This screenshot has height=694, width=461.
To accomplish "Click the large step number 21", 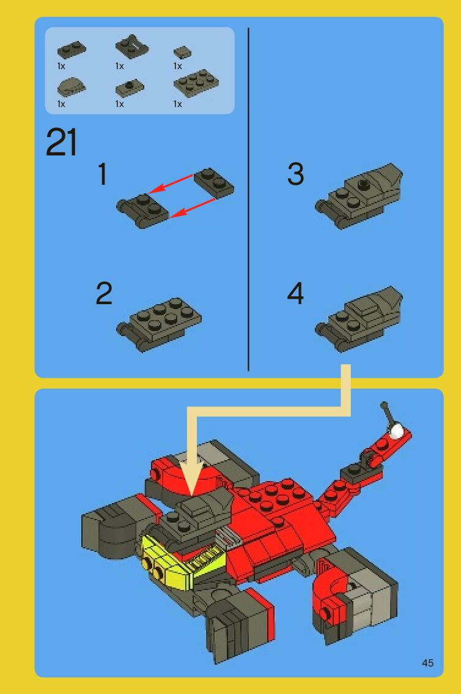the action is pos(61,142).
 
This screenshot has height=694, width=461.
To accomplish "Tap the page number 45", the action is pos(427,663).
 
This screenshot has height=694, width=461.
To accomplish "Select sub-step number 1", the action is pos(103,174).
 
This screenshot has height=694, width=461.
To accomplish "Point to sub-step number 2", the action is pos(104,293).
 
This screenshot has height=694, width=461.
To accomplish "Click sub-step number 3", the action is pos(296,174).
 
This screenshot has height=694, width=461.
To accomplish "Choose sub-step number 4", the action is pos(295,293).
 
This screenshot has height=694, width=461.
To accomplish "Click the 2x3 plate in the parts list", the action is pos(196,83).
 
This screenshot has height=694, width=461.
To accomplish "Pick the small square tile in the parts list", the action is pos(182,53).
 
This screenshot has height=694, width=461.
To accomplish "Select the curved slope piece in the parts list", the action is pos(71,86).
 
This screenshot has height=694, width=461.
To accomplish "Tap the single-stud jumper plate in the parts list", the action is pos(130,87).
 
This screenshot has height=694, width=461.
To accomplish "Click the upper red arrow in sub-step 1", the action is pos(171,184).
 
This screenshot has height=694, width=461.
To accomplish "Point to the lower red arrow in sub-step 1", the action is pos(192,207).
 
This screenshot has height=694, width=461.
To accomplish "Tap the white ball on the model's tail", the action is pos(396,431).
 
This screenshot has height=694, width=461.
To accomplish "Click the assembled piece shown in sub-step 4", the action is pos(359,319).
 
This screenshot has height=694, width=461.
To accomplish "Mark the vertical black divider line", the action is pos(248,199).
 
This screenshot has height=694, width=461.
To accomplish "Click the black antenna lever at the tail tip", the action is pos(387,413).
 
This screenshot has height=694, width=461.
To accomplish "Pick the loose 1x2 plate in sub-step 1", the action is pos(213,182).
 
